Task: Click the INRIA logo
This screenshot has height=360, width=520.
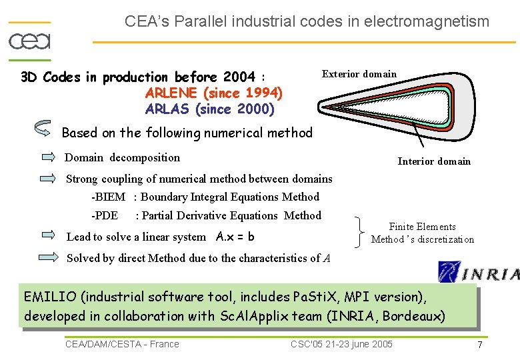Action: click(478, 272)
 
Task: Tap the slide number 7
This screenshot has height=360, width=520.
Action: click(479, 344)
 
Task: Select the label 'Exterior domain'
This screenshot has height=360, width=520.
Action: click(359, 74)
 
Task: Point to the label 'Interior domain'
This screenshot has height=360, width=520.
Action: click(434, 161)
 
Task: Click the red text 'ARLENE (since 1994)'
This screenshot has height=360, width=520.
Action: click(213, 93)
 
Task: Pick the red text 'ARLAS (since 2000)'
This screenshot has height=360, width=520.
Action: click(209, 109)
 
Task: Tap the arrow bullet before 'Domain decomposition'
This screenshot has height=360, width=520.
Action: click(49, 158)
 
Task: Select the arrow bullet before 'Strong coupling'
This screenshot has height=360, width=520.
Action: click(49, 179)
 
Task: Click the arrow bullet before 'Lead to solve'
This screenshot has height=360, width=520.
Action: click(49, 235)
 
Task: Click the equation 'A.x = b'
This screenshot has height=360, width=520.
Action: click(235, 237)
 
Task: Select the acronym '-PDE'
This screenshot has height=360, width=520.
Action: click(105, 216)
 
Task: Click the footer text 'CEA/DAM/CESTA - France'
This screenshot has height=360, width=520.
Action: click(122, 344)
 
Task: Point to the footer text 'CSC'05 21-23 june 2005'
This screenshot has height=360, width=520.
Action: click(341, 344)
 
